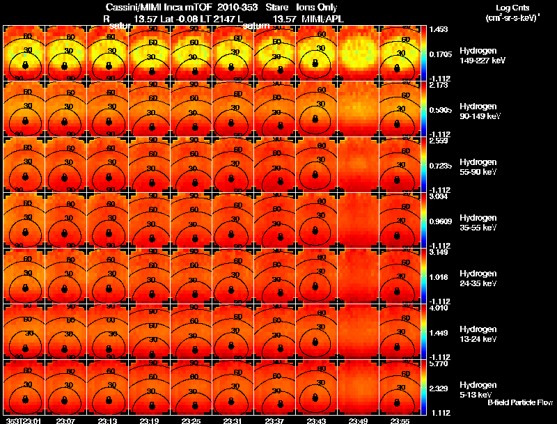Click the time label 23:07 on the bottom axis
pos(66,421)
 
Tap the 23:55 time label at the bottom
pos(400,421)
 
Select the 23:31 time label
pos(233,421)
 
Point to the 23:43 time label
pos(317,421)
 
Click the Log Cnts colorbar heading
pos(510,8)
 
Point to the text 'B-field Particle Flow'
pos(520,402)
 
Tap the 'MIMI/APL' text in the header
pos(319,18)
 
